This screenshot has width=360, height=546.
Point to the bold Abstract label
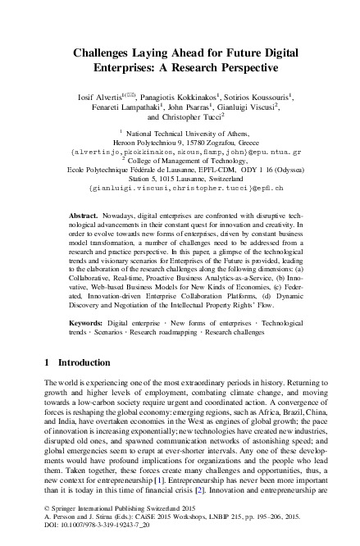coord(84,213)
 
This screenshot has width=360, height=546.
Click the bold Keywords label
coord(86,312)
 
